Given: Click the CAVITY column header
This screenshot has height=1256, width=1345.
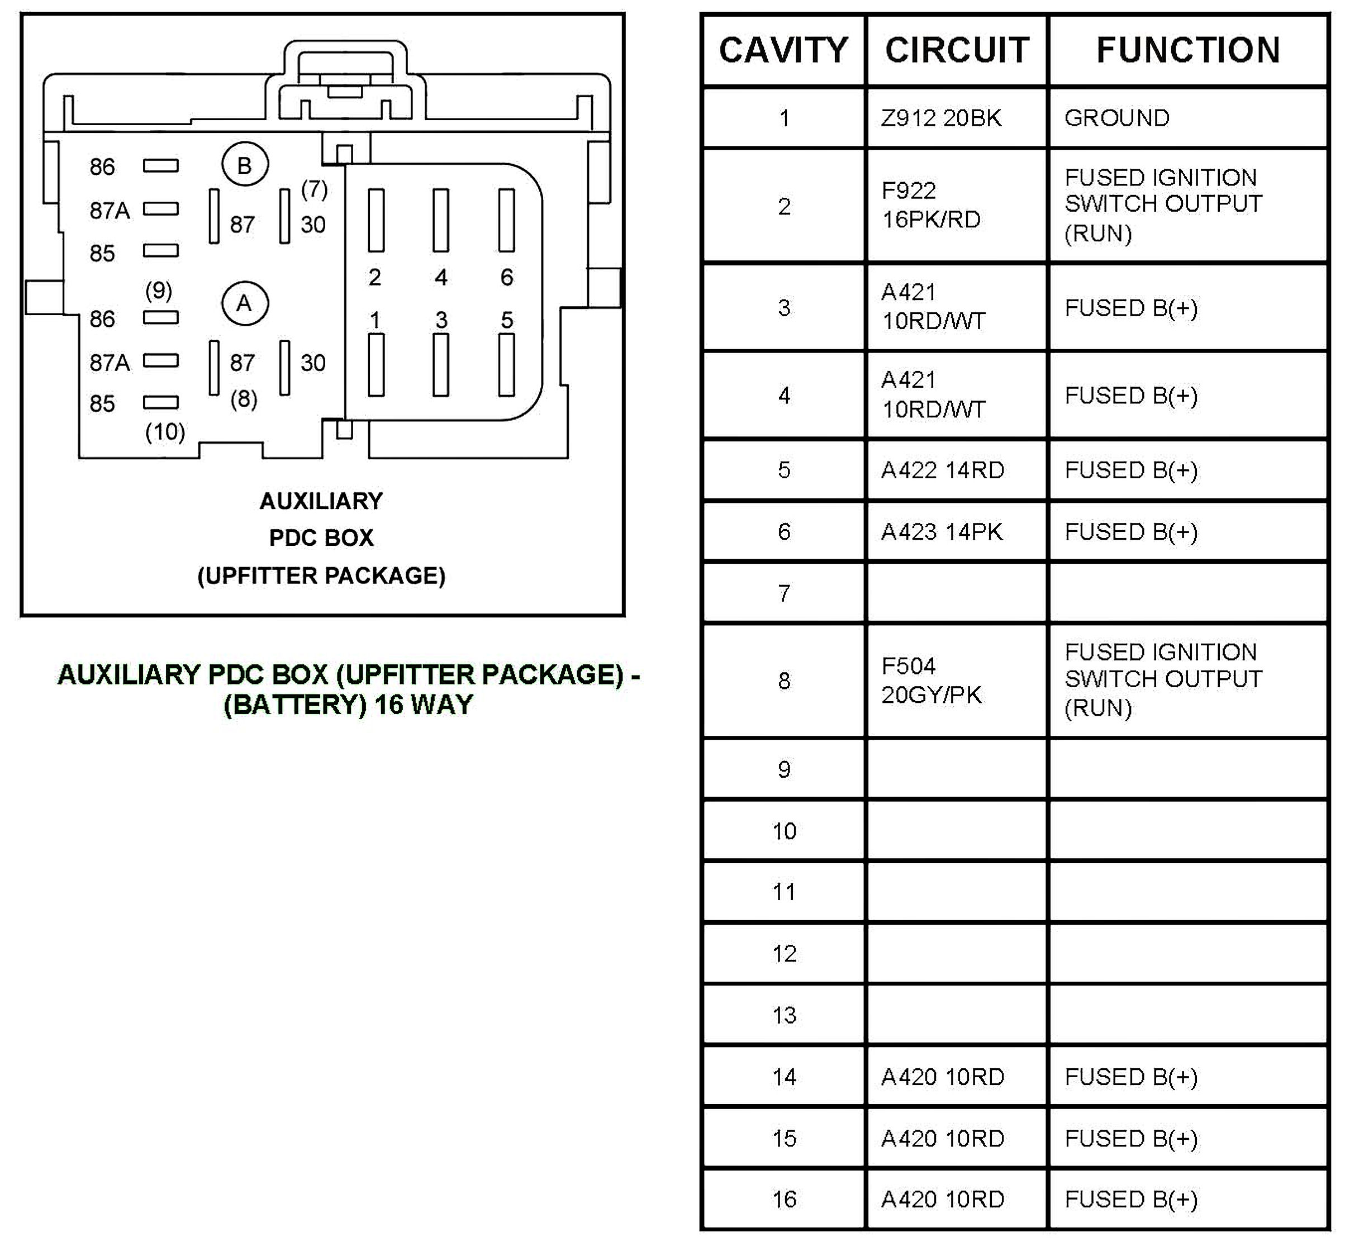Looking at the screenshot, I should click(783, 50).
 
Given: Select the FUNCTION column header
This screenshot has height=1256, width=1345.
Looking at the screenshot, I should click(1187, 50).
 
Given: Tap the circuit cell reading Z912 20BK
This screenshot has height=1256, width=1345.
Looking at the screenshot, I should click(940, 118).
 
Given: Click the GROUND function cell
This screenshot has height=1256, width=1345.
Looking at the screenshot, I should click(1117, 118).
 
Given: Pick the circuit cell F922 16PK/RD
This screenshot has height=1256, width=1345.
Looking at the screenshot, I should click(931, 205).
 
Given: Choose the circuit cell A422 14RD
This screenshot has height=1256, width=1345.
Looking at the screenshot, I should click(943, 470).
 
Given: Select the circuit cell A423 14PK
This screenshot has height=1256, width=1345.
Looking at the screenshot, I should click(941, 531).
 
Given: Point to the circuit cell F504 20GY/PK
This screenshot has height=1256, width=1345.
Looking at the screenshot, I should click(931, 681).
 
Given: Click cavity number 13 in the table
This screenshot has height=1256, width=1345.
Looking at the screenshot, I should click(784, 1015).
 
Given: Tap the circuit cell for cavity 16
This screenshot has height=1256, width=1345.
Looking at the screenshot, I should click(943, 1199).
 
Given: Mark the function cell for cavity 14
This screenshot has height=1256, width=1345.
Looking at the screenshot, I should click(1130, 1077).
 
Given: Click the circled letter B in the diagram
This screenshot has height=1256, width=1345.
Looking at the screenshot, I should click(245, 165).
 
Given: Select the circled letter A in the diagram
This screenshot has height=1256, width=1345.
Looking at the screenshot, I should click(245, 304).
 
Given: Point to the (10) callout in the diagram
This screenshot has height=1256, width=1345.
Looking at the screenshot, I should click(165, 431).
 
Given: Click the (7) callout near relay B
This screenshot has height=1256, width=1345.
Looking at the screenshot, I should click(314, 189).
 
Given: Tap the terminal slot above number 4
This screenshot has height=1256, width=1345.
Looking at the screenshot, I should click(440, 220).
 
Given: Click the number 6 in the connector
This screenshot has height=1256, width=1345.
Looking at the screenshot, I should click(507, 277).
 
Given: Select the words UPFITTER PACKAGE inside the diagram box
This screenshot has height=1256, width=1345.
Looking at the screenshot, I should click(321, 575).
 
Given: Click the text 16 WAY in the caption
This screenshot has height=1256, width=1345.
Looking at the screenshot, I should click(424, 705).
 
